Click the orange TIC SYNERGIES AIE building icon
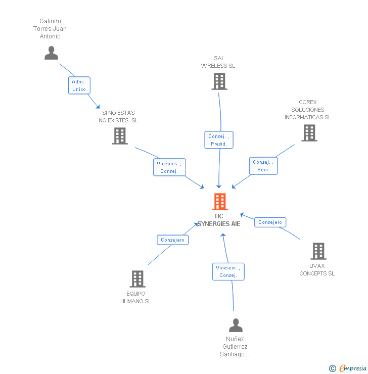[219, 202]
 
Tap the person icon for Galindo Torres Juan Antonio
[51, 53]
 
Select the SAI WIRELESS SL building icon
[219, 81]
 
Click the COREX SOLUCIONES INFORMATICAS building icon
[309, 133]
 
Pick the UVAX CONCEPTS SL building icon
[318, 251]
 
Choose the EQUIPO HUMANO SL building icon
[137, 279]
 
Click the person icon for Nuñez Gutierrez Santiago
[236, 325]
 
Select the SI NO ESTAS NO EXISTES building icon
[119, 136]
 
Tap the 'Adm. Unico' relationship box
[79, 85]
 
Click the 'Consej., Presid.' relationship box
[219, 140]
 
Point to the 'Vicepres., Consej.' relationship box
[169, 167]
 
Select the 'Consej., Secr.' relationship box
[263, 166]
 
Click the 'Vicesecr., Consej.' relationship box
[228, 271]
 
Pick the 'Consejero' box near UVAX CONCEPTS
[270, 222]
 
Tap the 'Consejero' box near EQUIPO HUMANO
[172, 240]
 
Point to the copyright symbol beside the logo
[332, 368]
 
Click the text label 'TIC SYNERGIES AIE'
[218, 220]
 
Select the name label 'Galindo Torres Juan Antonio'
[50, 29]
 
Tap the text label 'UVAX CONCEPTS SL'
[317, 269]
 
